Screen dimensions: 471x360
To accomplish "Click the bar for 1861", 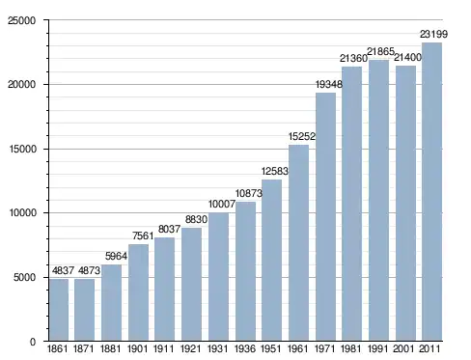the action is (x=59, y=310).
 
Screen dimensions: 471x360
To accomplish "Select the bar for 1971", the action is (x=325, y=217).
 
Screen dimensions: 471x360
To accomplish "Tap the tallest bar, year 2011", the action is (x=431, y=192).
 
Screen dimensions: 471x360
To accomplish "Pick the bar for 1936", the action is (x=245, y=271).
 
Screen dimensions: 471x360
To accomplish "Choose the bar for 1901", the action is (x=138, y=292).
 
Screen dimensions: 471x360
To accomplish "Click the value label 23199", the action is (x=433, y=34).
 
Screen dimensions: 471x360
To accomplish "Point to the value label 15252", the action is (x=302, y=136).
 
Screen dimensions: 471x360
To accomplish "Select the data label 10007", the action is (x=222, y=204).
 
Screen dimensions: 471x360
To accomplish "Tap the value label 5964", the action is (x=116, y=256).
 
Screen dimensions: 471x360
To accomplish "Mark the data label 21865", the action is (x=380, y=51).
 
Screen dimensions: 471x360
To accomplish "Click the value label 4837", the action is (x=64, y=270).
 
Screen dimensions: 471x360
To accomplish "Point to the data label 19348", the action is (x=329, y=84).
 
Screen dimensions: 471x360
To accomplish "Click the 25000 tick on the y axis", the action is (x=21, y=20).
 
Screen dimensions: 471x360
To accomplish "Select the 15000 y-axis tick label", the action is (x=21, y=149).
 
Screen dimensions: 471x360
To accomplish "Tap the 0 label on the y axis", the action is (x=33, y=342).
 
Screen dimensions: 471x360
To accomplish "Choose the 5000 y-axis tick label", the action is (x=24, y=277).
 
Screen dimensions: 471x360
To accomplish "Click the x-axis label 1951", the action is (x=271, y=348).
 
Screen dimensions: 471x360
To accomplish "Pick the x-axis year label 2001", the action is (x=403, y=348).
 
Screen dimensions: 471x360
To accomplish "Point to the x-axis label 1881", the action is (x=110, y=348).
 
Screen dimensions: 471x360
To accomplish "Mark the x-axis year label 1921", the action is (x=190, y=348).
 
